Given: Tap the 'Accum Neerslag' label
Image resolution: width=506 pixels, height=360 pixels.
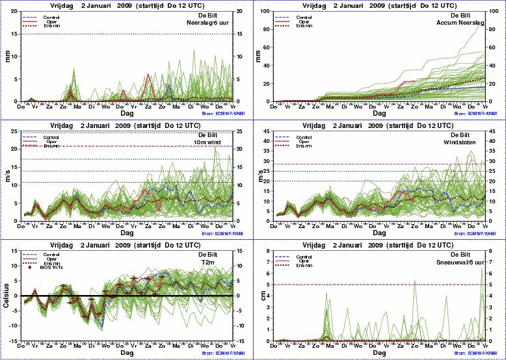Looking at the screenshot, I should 460,23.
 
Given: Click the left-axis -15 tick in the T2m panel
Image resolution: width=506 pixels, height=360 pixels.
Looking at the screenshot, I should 14,341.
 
